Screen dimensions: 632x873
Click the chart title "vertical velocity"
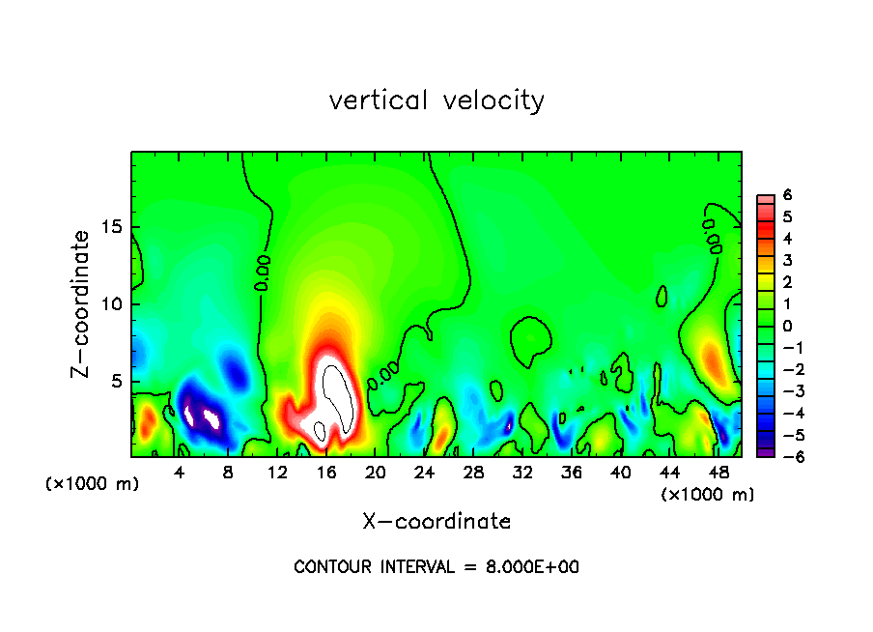(x=436, y=101)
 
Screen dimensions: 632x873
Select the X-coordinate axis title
(x=436, y=522)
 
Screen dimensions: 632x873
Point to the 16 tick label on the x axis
(x=326, y=473)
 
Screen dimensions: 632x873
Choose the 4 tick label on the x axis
(x=180, y=473)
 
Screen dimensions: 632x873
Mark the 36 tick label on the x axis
(x=571, y=473)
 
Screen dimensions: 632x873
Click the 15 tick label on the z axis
(x=114, y=227)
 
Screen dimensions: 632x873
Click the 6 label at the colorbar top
(x=787, y=194)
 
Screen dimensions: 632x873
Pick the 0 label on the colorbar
(x=787, y=326)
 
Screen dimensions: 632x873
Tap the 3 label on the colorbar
(x=787, y=260)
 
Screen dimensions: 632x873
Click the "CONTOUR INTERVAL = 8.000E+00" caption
(x=436, y=567)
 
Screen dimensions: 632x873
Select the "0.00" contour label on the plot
(x=263, y=273)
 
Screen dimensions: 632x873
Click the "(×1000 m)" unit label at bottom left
(x=92, y=484)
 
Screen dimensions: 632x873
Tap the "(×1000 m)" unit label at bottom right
(x=708, y=495)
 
